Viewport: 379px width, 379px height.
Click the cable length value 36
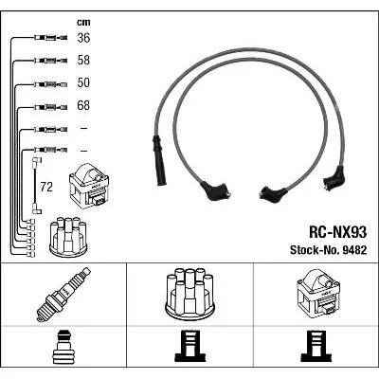83,38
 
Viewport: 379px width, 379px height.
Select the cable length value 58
83,61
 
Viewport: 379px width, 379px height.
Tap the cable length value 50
83,82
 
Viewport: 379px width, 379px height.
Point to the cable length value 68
83,105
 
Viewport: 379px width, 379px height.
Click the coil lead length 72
46,188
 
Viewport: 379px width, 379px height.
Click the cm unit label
83,22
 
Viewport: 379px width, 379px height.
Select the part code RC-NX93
337,233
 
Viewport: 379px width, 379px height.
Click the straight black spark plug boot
159,160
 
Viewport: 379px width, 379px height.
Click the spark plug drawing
63,295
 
